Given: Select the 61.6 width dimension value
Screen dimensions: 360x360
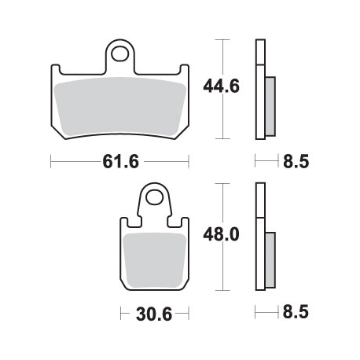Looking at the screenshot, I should [x=120, y=162].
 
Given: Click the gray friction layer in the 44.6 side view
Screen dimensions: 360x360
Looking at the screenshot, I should [x=269, y=101].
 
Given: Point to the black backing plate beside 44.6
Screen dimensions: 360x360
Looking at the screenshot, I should [x=259, y=87].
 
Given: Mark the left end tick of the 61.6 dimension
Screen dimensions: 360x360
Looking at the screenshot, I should [x=51, y=163].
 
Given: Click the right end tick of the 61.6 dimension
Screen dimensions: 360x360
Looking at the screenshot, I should [x=190, y=163].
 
